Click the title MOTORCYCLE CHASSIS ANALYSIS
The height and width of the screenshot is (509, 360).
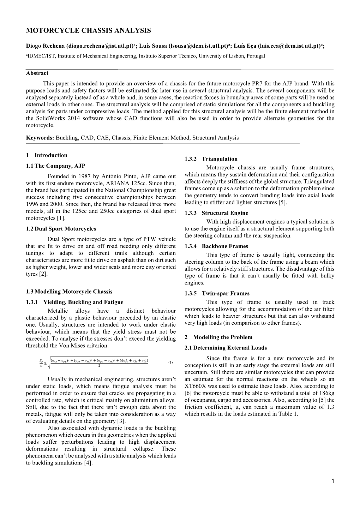coord(88,31)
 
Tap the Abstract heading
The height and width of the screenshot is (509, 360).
coord(37,73)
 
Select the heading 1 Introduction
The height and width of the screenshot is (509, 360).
coord(47,155)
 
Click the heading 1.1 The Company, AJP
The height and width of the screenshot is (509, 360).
coord(55,166)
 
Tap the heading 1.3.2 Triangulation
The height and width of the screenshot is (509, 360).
coord(211,159)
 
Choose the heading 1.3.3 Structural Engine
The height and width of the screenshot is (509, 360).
coord(216,213)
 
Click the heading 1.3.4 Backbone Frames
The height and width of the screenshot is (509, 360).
coord(216,246)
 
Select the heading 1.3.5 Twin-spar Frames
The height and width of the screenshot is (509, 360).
coord(217,293)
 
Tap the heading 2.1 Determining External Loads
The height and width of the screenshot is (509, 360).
coord(226,348)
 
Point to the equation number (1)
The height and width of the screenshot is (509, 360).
coord(170,362)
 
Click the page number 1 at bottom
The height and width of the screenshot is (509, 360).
coord(332,481)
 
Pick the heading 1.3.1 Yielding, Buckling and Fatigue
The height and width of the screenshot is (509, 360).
coord(74,302)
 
